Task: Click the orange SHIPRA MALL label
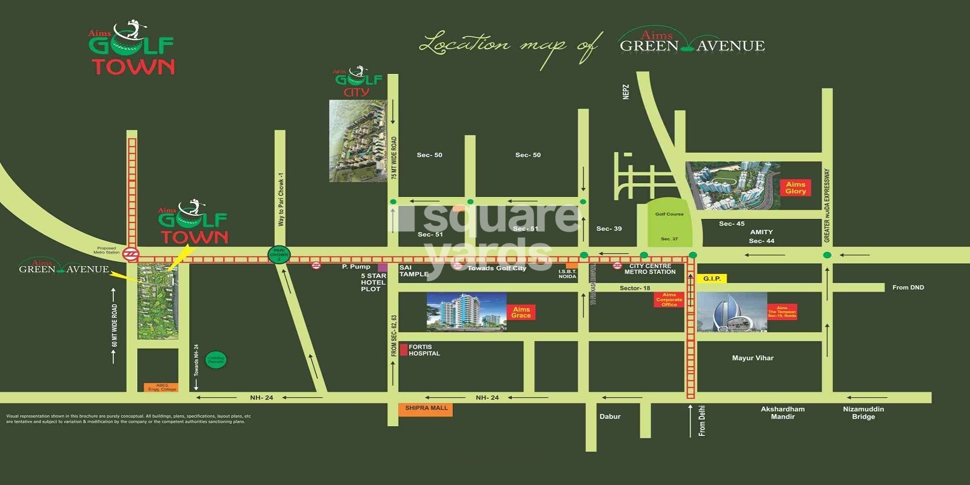coord(426,409)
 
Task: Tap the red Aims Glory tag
coord(795,187)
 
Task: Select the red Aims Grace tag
coord(521,312)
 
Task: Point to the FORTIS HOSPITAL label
coord(424,350)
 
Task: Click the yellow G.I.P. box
coord(712,279)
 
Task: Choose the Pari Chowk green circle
coord(279,255)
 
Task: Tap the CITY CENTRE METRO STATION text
coord(650,269)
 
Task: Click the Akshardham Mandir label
coord(783,413)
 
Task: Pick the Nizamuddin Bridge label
coord(863,413)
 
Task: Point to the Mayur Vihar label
coord(752,358)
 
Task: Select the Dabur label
coord(610,416)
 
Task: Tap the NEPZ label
coord(626,92)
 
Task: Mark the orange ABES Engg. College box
coord(161,387)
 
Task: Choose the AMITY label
coord(761,232)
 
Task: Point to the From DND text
coord(908,287)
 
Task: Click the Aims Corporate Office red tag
coord(669,299)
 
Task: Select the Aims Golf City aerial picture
coord(358,141)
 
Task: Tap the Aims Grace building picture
coord(466,312)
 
